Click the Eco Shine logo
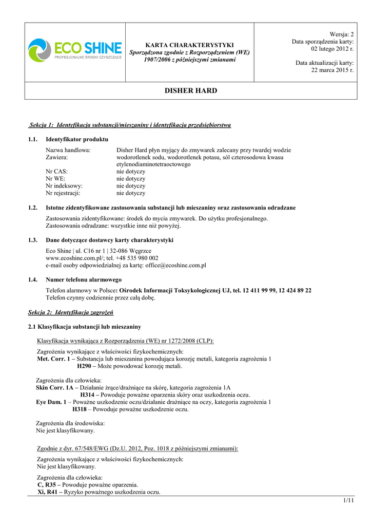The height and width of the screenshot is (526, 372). pyautogui.click(x=75, y=51)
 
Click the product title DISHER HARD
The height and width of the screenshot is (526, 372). pyautogui.click(x=191, y=91)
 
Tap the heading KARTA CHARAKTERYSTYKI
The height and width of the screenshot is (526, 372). pyautogui.click(x=190, y=45)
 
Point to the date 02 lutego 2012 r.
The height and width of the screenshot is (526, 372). pyautogui.click(x=332, y=49)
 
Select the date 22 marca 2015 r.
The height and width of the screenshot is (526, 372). pyautogui.click(x=332, y=70)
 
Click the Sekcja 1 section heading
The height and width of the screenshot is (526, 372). pyautogui.click(x=130, y=125)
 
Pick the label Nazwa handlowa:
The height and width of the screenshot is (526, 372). pyautogui.click(x=68, y=150)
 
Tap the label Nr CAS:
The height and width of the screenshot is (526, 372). pyautogui.click(x=56, y=172)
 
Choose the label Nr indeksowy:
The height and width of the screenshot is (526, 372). pyautogui.click(x=64, y=186)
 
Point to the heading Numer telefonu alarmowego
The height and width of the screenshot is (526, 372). pyautogui.click(x=84, y=279)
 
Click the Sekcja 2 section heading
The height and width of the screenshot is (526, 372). pyautogui.click(x=70, y=312)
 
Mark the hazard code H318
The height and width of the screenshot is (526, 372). pyautogui.click(x=79, y=409)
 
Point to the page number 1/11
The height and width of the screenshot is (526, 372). pyautogui.click(x=349, y=500)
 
